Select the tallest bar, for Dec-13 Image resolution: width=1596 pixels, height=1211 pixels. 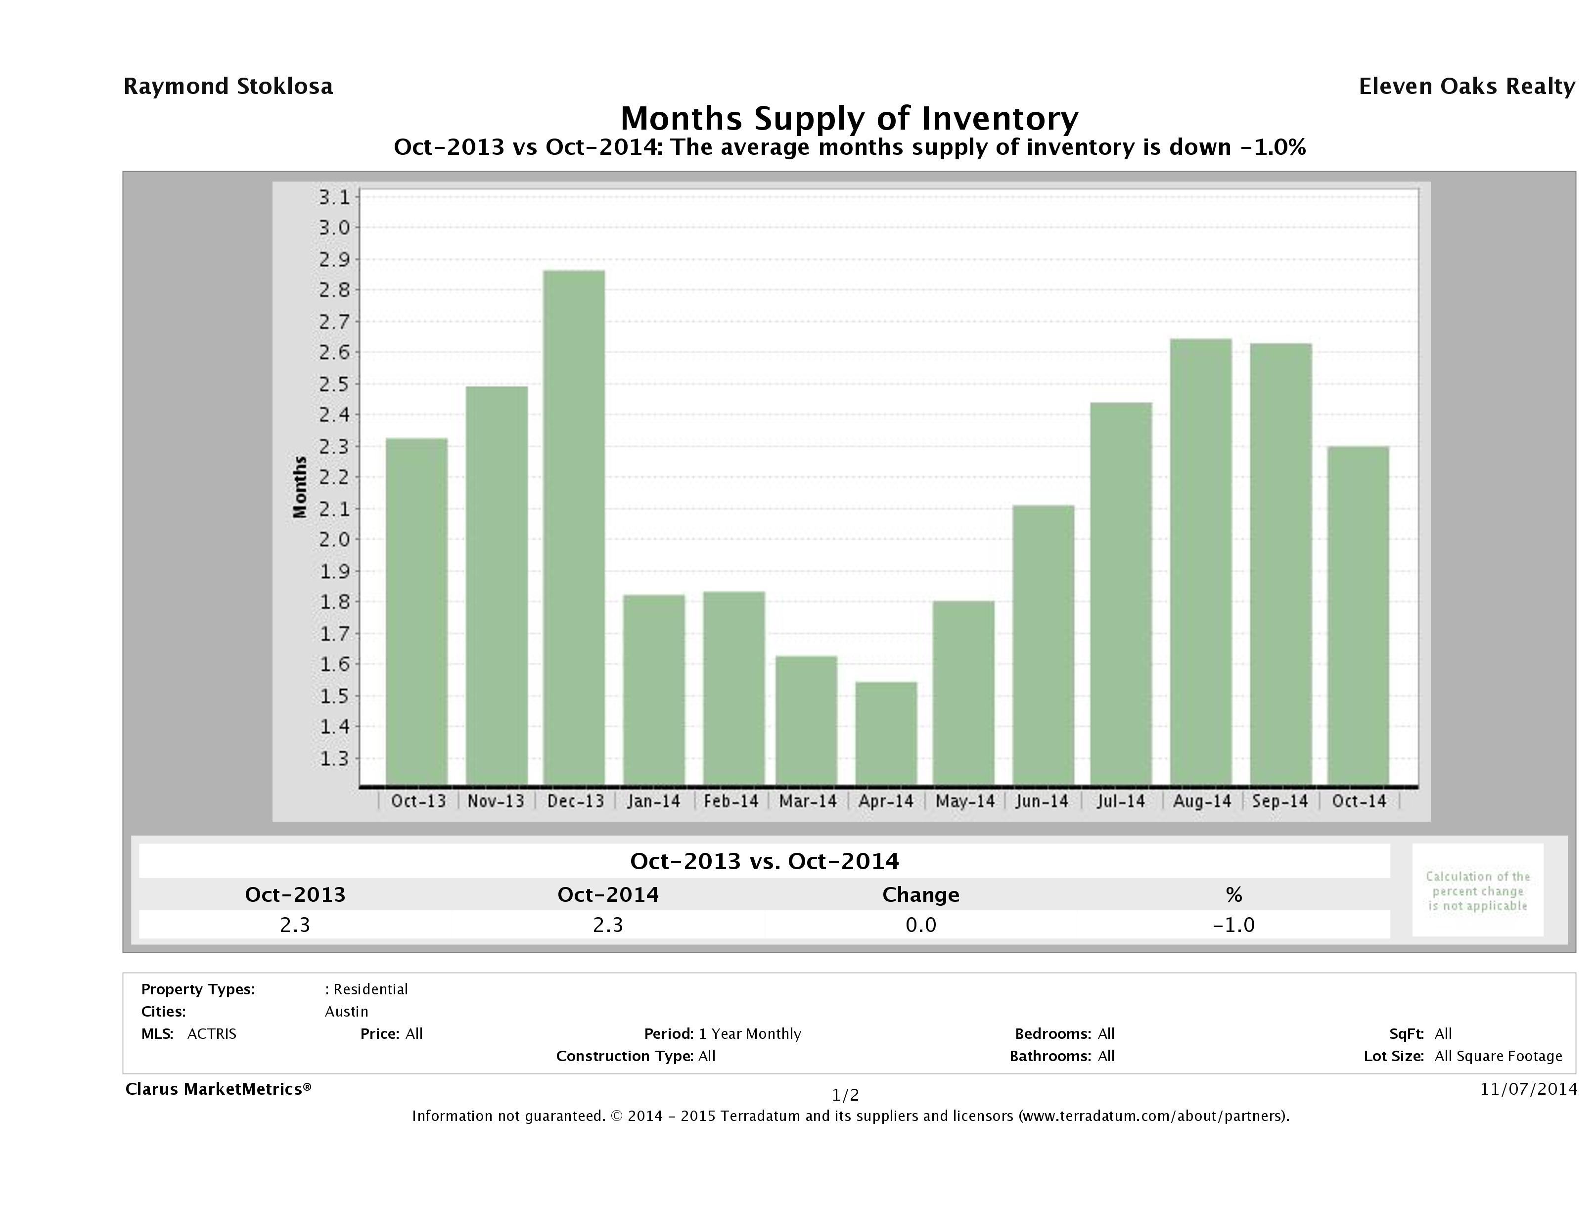tap(574, 527)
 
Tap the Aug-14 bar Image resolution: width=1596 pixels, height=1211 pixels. tap(1201, 561)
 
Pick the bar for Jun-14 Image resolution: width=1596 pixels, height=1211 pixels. tap(1044, 645)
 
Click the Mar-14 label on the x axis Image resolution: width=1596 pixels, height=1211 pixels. tap(808, 801)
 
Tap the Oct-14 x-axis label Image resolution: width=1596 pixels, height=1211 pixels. tap(1359, 801)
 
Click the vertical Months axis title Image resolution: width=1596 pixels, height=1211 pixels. tap(299, 487)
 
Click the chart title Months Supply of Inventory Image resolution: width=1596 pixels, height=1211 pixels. tap(849, 118)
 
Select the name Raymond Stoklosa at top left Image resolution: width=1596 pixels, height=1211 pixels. tap(228, 87)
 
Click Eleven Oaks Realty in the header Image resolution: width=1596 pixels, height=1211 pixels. tap(1466, 87)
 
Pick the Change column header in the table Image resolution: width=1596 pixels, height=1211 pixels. tap(921, 895)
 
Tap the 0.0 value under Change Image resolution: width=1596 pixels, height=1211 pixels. tap(921, 925)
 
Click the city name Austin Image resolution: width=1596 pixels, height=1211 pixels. tap(346, 1011)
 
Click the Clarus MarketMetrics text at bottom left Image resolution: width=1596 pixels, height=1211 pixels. tap(218, 1089)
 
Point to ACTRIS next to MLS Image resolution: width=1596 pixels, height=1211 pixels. tap(211, 1033)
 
